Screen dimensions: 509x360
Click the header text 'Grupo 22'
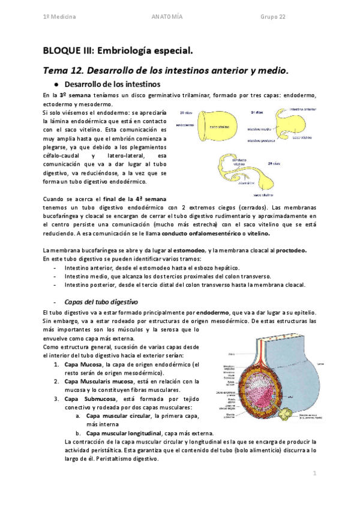pos(273,17)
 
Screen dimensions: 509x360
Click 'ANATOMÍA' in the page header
pos(171,17)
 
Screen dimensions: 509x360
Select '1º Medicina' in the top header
pos(59,17)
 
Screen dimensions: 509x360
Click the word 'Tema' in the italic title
pos(56,70)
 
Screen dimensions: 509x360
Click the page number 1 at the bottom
pos(314,474)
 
